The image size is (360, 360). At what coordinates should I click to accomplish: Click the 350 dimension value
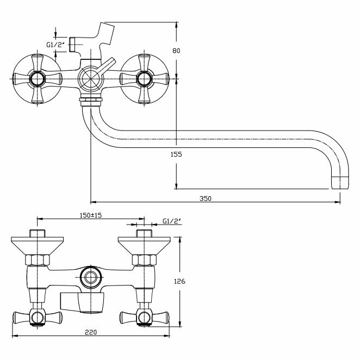(x=206, y=198)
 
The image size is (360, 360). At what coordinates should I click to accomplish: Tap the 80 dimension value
(x=175, y=51)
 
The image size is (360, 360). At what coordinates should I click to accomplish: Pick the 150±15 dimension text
(x=90, y=215)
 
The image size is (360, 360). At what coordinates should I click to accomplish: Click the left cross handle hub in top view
(x=37, y=79)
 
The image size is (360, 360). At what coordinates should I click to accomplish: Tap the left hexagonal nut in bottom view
(x=37, y=260)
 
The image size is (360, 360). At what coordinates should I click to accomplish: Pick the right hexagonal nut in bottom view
(x=144, y=260)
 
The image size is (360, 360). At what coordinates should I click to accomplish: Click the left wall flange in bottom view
(x=37, y=245)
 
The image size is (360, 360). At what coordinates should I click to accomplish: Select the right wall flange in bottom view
(x=144, y=245)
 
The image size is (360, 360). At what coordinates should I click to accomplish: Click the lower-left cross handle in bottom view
(x=36, y=316)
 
